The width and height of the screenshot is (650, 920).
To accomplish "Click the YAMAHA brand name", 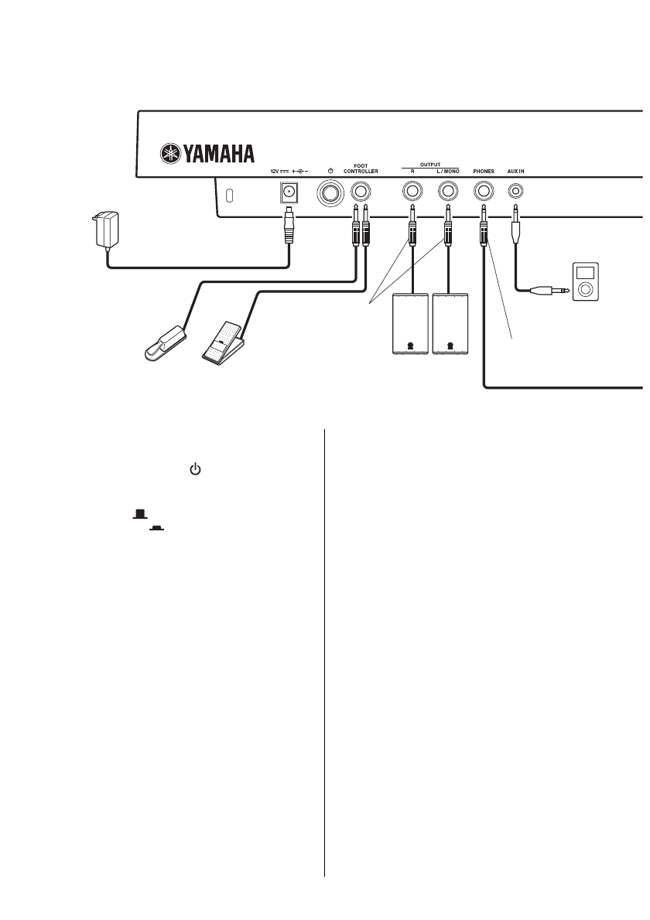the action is (219, 154).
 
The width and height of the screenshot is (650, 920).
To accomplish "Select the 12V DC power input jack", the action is (289, 191).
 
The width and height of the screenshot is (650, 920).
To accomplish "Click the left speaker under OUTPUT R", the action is (412, 324).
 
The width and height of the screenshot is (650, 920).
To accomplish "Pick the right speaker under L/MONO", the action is (450, 324).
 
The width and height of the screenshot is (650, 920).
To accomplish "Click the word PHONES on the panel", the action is (484, 171).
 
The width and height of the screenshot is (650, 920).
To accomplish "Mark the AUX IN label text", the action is (517, 171).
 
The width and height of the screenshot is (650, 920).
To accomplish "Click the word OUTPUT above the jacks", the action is (429, 163).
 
